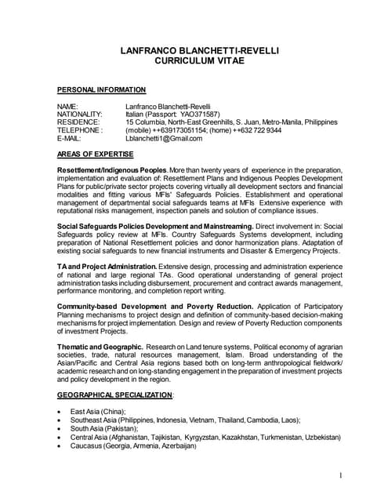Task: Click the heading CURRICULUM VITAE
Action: [200, 60]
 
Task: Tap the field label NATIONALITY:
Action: [81, 114]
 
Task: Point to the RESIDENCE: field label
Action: [78, 122]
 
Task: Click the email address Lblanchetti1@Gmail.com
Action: [164, 139]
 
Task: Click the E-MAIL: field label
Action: [73, 139]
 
